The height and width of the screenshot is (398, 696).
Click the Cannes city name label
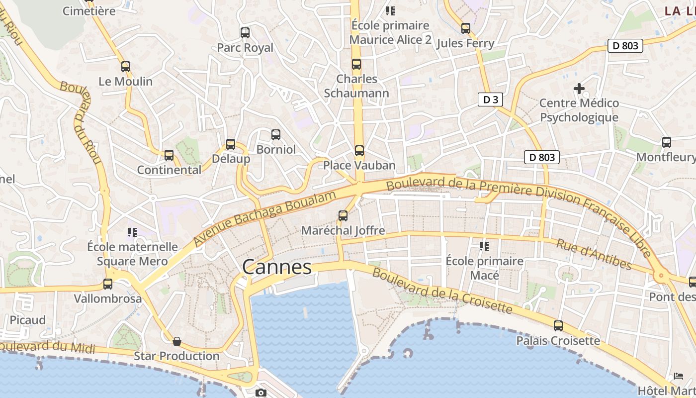[277, 267]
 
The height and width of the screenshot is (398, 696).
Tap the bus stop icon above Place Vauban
[359, 150]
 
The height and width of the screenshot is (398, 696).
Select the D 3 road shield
[490, 99]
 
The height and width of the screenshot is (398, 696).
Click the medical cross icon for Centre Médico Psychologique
[579, 89]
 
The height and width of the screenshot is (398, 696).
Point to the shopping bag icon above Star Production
[176, 341]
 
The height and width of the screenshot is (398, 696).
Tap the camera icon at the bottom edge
[261, 393]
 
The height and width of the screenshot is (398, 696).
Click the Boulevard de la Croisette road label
[442, 291]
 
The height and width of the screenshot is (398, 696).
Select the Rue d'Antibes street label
[594, 254]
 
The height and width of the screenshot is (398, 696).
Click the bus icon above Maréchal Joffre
[343, 216]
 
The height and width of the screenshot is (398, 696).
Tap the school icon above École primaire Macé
[484, 246]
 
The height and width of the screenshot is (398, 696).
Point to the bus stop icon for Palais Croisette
[558, 326]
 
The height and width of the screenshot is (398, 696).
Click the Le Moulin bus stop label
[125, 81]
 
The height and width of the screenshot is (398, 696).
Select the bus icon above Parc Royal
[245, 33]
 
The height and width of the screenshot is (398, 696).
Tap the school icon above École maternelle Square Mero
[132, 232]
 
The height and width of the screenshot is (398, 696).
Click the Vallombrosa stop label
[107, 298]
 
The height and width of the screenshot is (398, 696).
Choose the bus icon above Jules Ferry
[465, 28]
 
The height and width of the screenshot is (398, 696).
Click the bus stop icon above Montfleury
[667, 142]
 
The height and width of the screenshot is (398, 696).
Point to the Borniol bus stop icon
[276, 135]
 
